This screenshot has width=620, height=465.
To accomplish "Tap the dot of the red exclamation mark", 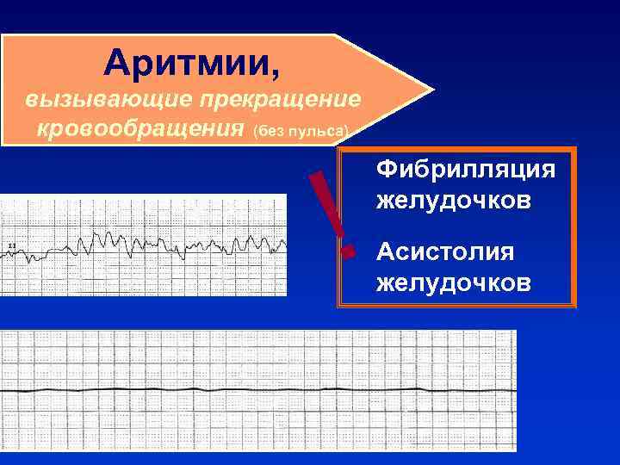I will (349, 252).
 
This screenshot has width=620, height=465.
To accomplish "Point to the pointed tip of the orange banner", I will (430, 90).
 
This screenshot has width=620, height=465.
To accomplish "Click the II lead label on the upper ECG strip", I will (11, 247).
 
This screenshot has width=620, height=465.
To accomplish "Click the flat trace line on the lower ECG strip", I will (258, 391).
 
